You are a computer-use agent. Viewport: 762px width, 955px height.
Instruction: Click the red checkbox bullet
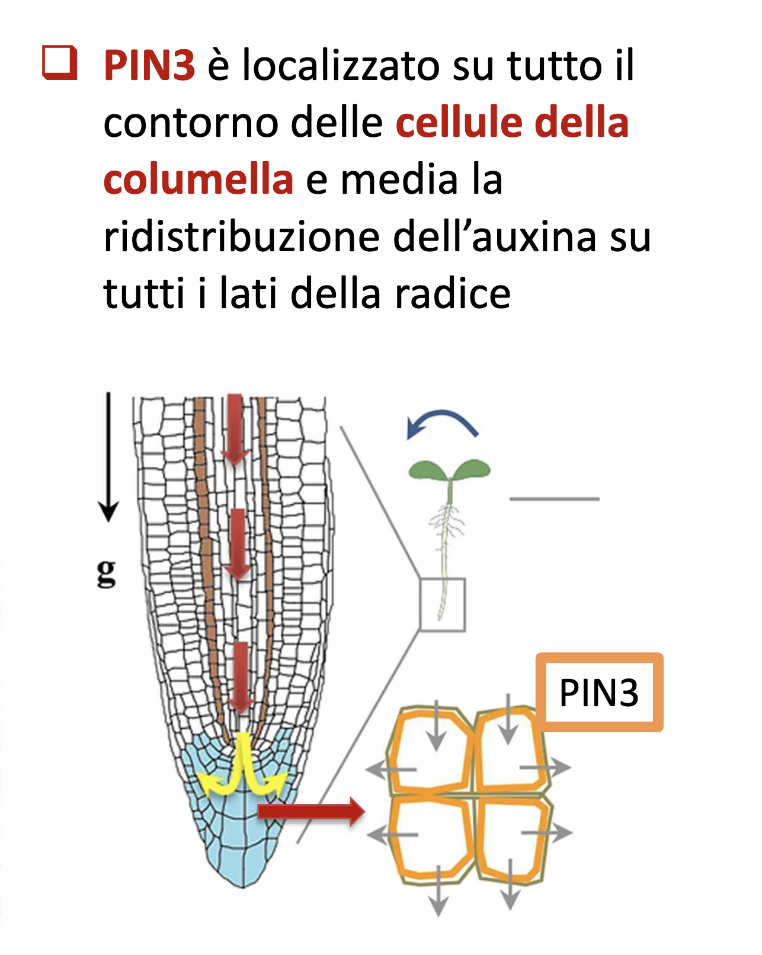tap(60, 62)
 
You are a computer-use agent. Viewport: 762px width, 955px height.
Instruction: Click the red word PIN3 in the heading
tap(149, 65)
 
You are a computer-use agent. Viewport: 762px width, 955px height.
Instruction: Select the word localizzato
tap(341, 65)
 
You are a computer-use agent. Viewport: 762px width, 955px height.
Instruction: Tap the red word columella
tap(198, 179)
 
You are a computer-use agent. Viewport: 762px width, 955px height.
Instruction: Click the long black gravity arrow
tap(108, 456)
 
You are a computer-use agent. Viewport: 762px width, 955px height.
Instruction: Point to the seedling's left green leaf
tap(427, 470)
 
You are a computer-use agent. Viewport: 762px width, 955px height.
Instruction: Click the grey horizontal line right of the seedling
tap(555, 499)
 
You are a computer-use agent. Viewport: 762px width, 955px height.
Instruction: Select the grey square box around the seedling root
tap(443, 604)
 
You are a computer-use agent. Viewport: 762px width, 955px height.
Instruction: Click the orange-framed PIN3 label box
tap(599, 692)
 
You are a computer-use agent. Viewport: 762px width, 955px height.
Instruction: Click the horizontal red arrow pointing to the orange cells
tap(311, 811)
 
